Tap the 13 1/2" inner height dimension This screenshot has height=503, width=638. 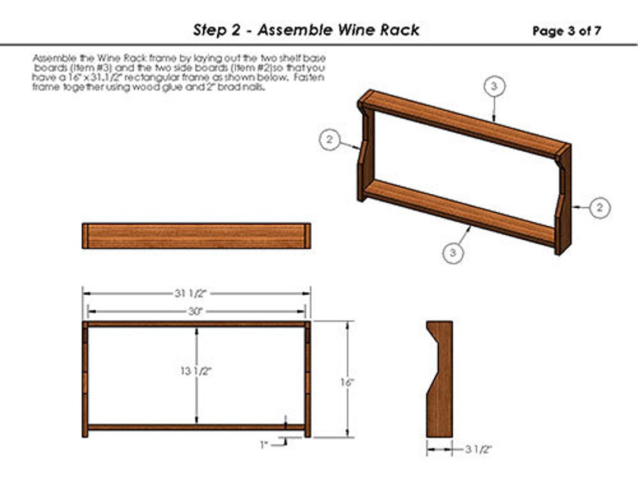(196, 371)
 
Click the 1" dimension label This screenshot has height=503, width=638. (264, 445)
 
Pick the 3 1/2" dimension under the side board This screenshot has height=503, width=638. (478, 449)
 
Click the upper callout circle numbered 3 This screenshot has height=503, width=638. (494, 86)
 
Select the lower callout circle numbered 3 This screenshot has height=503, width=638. (453, 253)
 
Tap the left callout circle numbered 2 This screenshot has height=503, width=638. (330, 140)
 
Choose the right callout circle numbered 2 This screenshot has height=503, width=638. (599, 207)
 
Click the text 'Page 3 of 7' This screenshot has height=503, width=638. (566, 31)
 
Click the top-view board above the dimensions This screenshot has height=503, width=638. (196, 236)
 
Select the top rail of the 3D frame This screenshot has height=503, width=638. (465, 123)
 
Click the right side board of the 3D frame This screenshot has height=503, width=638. (562, 202)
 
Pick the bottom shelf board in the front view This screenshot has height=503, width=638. (196, 427)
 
